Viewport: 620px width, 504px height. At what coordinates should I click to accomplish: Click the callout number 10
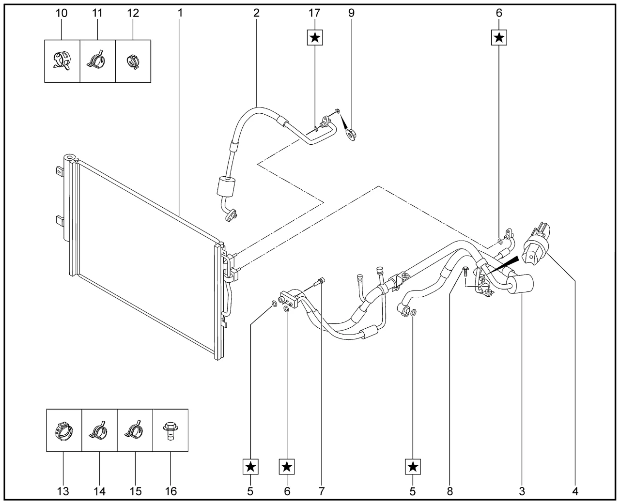click(62, 13)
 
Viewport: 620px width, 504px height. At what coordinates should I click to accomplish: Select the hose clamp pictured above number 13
click(64, 431)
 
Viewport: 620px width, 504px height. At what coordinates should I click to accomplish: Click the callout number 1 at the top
click(180, 13)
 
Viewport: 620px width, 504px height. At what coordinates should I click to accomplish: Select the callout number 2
click(256, 13)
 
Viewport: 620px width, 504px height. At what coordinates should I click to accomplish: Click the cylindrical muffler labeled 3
click(520, 283)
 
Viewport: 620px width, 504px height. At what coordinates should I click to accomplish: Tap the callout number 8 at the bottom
click(450, 491)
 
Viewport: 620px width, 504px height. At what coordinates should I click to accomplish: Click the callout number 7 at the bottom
click(322, 491)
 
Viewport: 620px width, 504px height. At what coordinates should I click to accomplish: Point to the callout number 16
click(170, 491)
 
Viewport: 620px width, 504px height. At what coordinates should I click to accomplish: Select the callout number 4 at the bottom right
click(575, 491)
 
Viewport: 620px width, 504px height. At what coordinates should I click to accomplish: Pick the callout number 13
click(63, 491)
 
